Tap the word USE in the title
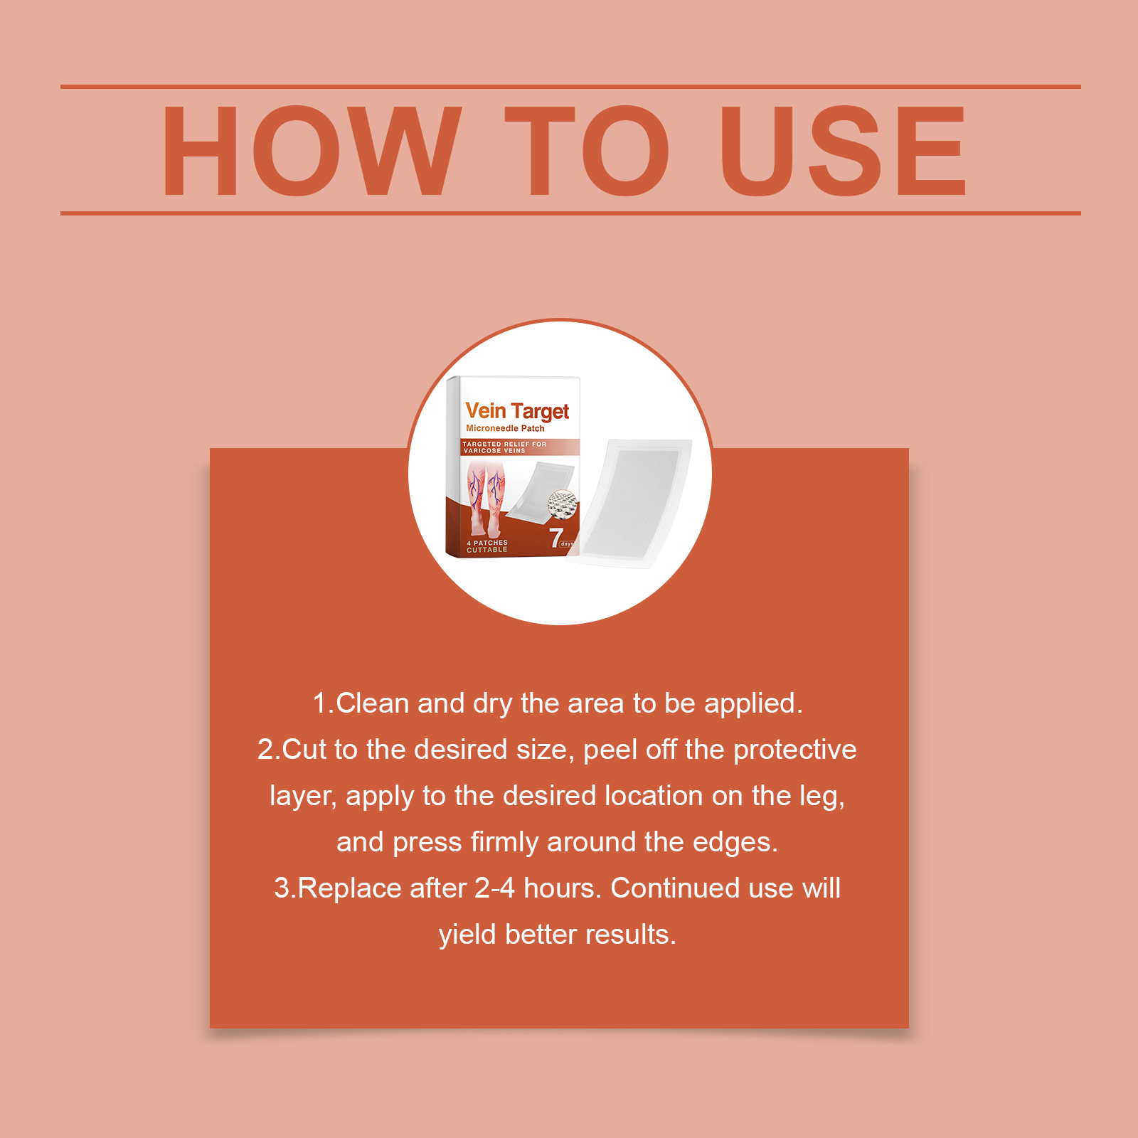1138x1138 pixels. click(844, 150)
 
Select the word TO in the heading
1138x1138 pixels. click(587, 150)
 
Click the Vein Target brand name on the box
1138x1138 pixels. click(517, 411)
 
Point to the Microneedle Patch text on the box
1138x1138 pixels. click(505, 428)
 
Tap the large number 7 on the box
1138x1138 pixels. click(556, 538)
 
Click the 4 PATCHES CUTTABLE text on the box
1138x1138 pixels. click(487, 546)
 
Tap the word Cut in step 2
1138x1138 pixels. click(304, 749)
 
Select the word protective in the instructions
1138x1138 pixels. click(794, 750)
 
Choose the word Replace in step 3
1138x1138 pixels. click(346, 888)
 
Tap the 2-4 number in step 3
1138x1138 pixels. click(494, 888)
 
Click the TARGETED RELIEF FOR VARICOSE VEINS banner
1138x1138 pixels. click(505, 447)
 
